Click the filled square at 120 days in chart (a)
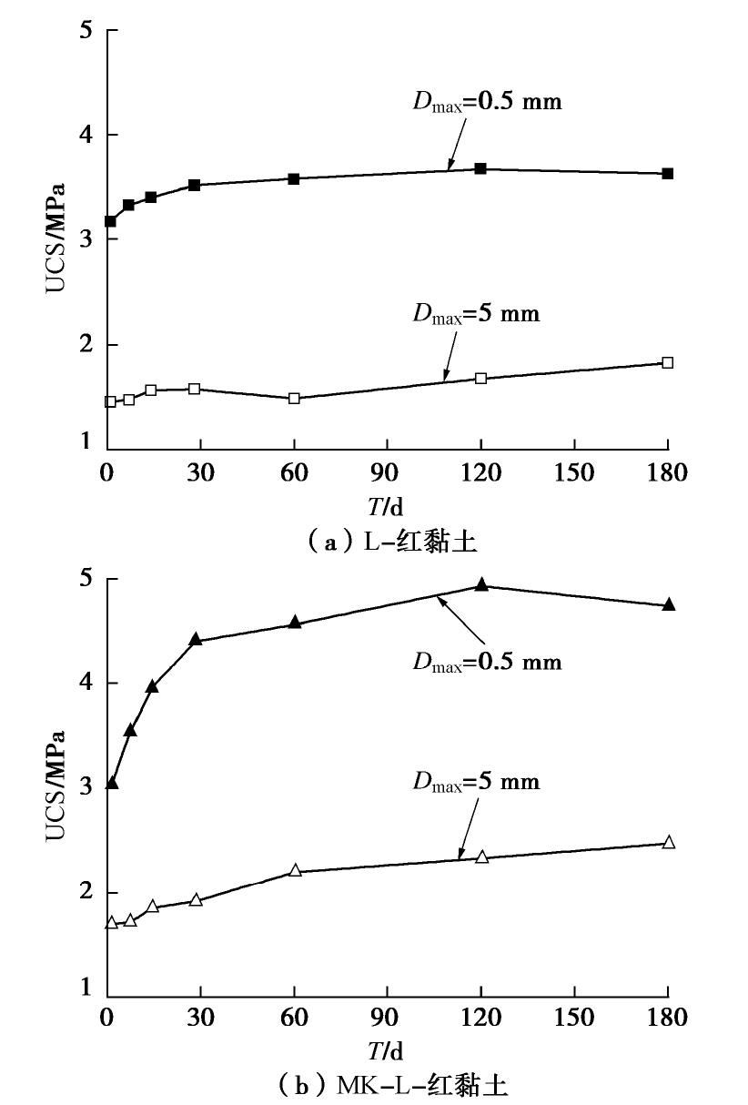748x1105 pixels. (480, 168)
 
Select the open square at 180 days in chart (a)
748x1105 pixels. (668, 362)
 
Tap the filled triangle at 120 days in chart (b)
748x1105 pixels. (481, 585)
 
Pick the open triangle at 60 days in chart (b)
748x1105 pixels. (295, 870)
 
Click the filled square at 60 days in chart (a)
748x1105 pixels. (294, 178)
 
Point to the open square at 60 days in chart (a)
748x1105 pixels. (294, 398)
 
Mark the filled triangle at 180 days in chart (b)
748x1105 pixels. (669, 604)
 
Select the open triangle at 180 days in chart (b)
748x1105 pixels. (669, 842)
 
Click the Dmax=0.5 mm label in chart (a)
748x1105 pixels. (488, 101)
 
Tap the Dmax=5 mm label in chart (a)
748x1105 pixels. (476, 314)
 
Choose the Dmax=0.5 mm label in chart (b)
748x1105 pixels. (488, 661)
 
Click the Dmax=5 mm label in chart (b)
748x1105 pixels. (476, 781)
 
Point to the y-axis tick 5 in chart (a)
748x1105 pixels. (87, 30)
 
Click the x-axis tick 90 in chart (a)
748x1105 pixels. (388, 473)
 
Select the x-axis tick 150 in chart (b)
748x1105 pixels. (575, 1017)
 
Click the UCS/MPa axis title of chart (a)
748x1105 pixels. (56, 238)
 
